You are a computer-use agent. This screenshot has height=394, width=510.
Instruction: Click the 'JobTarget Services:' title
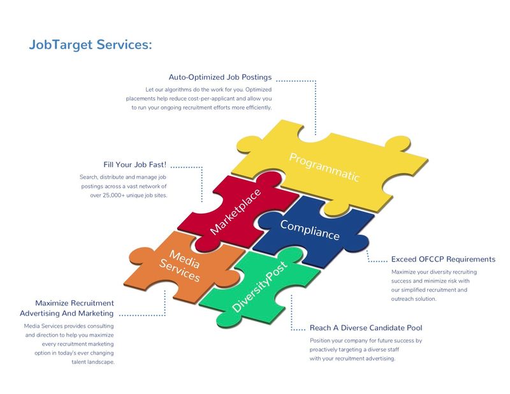point(91,45)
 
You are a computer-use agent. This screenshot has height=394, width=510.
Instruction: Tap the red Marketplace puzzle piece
point(237,212)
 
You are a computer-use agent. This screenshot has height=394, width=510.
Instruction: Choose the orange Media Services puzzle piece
point(182,266)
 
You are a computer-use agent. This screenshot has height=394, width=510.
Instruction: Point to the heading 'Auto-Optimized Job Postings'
point(220,77)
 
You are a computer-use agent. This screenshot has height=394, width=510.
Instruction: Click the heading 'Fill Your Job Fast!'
point(135,164)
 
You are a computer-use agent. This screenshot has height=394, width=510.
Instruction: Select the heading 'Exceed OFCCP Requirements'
point(443,259)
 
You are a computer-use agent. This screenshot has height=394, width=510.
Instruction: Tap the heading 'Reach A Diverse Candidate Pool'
point(366,328)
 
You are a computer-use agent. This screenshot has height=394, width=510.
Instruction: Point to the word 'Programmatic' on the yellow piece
point(324,167)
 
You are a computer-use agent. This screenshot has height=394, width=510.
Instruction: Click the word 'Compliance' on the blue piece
point(310,230)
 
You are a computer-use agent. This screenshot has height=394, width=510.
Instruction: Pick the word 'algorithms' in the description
point(178,89)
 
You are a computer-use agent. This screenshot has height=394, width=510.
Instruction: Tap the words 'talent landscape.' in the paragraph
point(93,361)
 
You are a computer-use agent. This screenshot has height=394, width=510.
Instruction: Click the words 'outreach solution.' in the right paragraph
point(414,298)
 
